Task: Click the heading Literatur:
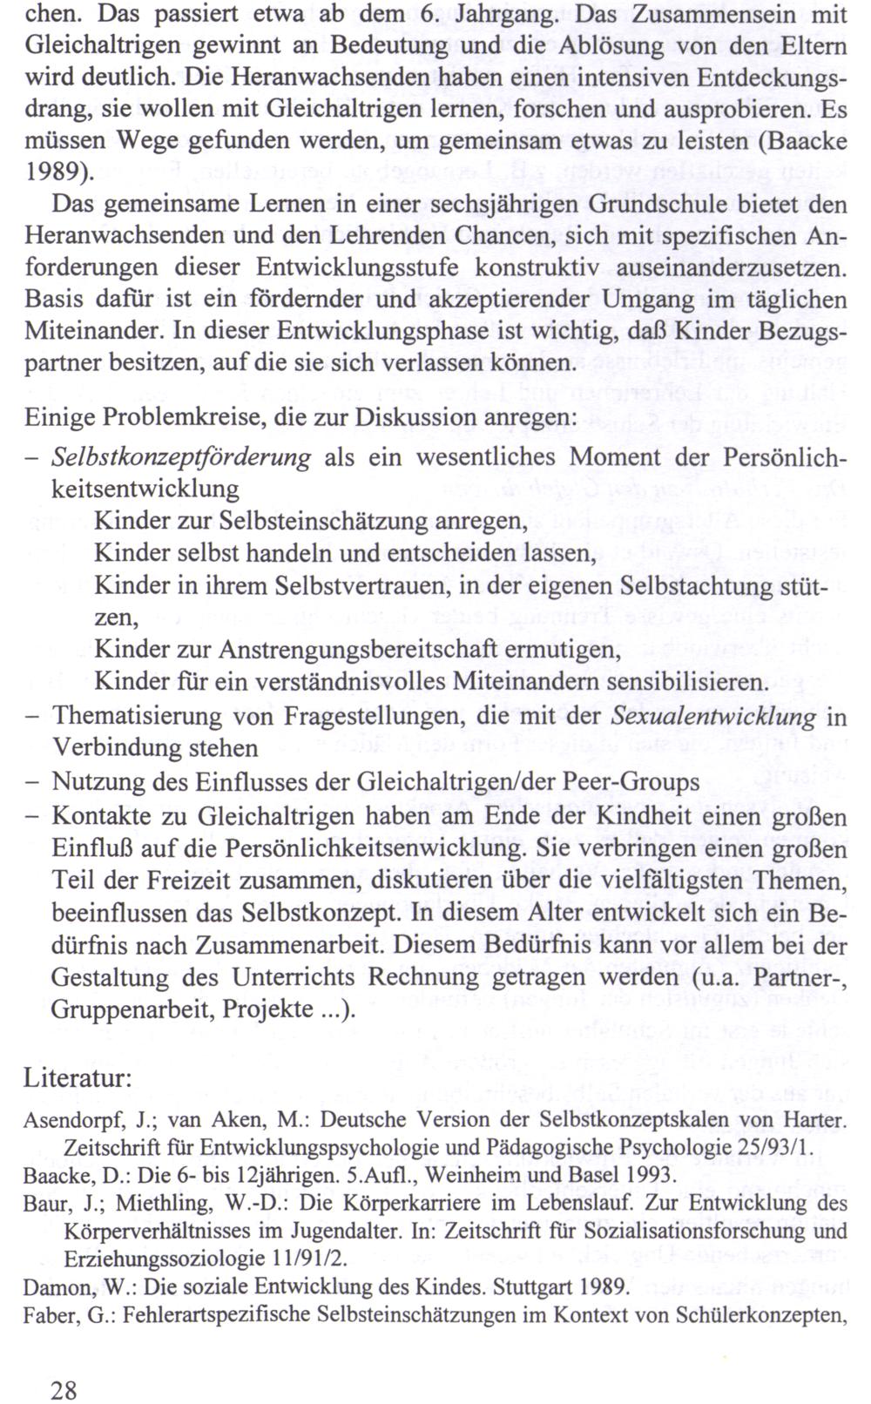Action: pos(78,1077)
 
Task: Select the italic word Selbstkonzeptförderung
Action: pos(181,457)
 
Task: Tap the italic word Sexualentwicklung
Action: pos(714,717)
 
